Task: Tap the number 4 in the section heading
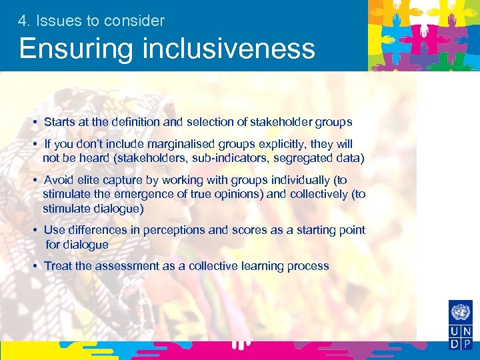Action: (23, 21)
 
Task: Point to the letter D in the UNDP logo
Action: (453, 345)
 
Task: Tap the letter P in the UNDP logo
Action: (467, 345)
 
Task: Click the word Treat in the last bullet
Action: (58, 266)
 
